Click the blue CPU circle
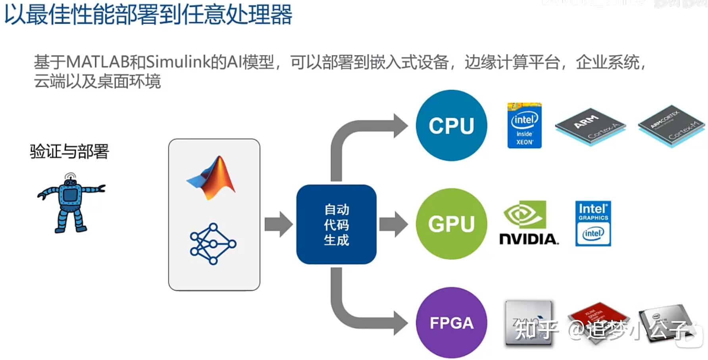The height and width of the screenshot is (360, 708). (x=451, y=125)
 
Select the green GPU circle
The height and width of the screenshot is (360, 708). (x=451, y=224)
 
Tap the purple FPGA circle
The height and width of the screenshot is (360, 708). (x=451, y=323)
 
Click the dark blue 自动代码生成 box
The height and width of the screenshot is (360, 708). (x=336, y=224)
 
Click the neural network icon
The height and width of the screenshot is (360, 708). (x=213, y=244)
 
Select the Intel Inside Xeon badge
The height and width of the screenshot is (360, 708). (x=524, y=125)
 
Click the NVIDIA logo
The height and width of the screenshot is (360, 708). (x=528, y=223)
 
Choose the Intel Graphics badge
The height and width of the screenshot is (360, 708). (x=593, y=223)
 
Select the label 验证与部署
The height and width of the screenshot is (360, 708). (x=69, y=152)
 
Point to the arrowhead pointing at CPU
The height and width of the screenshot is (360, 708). (x=400, y=126)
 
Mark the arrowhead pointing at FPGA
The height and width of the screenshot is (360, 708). (x=400, y=323)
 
